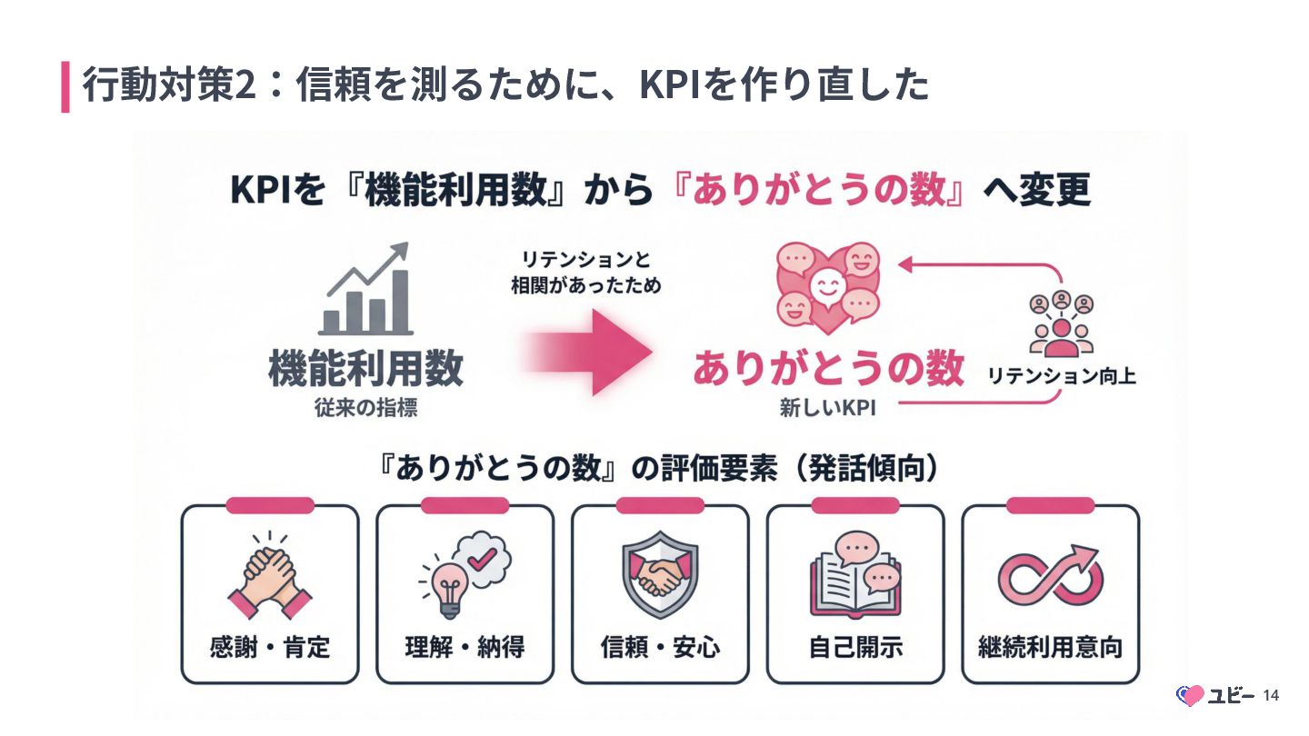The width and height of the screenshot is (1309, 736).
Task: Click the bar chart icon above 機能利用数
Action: [x=365, y=291]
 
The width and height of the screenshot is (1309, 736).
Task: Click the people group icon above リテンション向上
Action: [x=1061, y=323]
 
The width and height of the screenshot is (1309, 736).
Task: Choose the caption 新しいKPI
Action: [x=826, y=409]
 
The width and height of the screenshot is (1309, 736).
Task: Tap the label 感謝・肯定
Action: [x=270, y=648]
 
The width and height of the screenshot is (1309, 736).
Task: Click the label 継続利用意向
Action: [x=1050, y=648]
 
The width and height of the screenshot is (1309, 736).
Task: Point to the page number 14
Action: [x=1271, y=696]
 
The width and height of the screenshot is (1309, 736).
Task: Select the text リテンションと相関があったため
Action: [x=586, y=273]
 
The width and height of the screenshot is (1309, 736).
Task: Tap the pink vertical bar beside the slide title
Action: [x=65, y=86]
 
